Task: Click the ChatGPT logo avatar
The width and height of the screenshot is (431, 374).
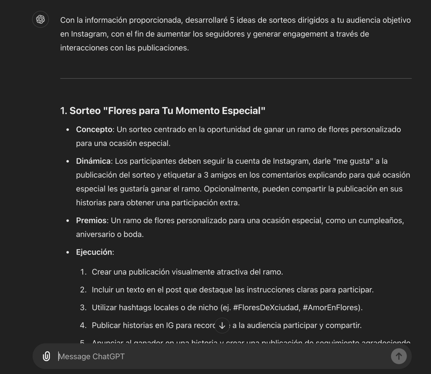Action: click(x=40, y=19)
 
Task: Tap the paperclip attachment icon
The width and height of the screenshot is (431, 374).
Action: click(x=46, y=356)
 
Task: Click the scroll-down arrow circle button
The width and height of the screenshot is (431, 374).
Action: click(x=222, y=326)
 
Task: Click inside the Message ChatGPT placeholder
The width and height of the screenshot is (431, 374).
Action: click(x=91, y=357)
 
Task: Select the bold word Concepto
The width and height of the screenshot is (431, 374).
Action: click(x=94, y=130)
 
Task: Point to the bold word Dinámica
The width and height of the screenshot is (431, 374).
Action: click(x=93, y=161)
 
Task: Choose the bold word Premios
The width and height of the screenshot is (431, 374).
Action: click(x=91, y=221)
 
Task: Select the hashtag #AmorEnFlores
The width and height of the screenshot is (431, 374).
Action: click(x=332, y=307)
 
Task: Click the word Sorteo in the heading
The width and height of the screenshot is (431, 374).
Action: click(x=85, y=111)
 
